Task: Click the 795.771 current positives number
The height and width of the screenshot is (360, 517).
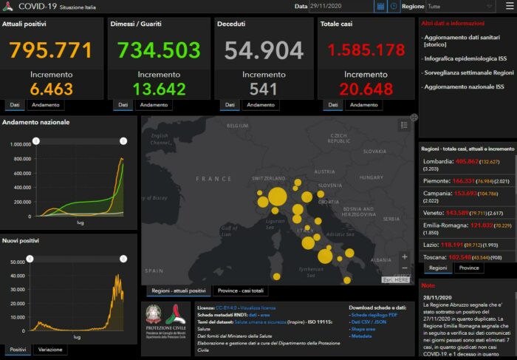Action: tap(51, 50)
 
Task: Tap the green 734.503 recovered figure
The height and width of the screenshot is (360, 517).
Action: tap(159, 50)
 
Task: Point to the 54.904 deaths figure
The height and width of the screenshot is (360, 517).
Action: tap(264, 50)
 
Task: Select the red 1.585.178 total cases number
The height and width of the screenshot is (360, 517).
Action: tap(366, 50)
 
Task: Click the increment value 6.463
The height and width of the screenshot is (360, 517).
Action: tap(51, 89)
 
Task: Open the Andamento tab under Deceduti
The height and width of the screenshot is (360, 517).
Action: tap(261, 105)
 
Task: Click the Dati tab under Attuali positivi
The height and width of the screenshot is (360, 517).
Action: tap(15, 105)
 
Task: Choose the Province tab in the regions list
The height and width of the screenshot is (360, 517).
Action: tap(469, 268)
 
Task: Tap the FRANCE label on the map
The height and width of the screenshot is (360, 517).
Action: tap(213, 179)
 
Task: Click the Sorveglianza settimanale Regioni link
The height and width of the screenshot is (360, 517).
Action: tap(468, 73)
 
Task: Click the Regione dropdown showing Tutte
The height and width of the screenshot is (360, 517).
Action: tap(480, 6)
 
